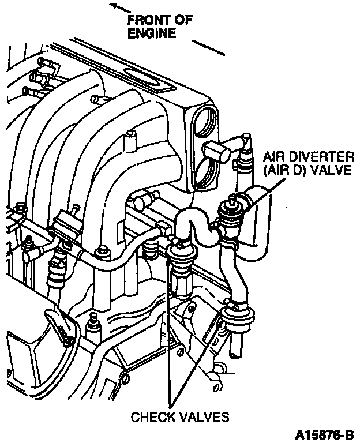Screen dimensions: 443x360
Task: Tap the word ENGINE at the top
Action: (x=152, y=33)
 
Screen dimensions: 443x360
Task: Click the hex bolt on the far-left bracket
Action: (x=20, y=207)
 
